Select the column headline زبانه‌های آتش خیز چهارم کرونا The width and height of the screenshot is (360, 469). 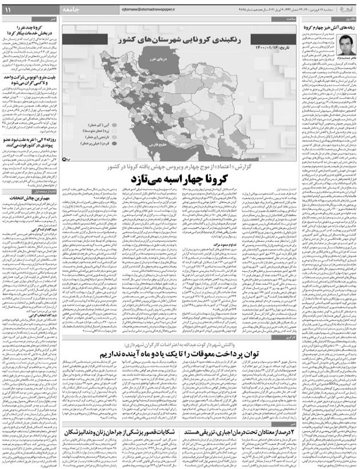[330, 27]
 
